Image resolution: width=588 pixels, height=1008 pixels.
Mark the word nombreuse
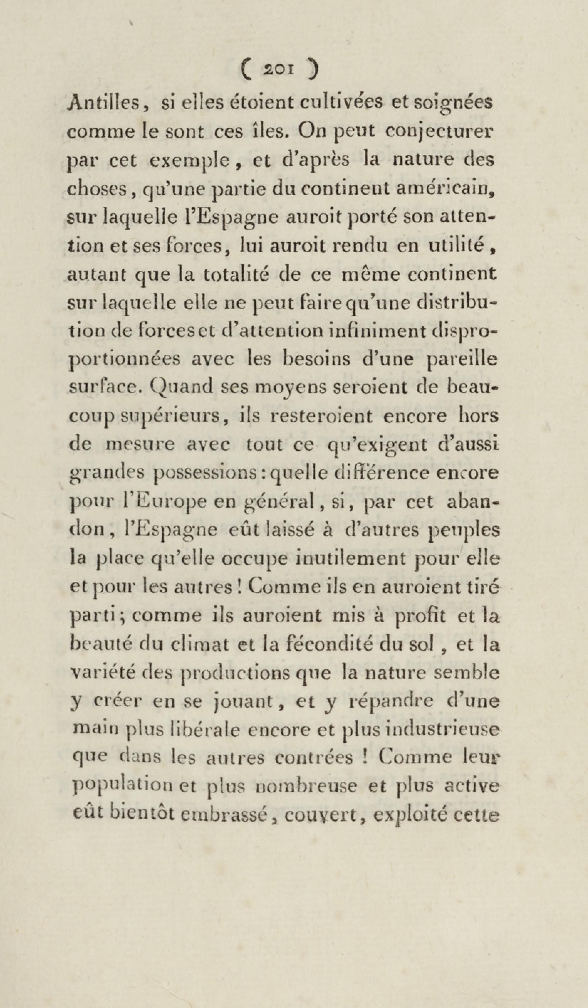pyautogui.click(x=306, y=787)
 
